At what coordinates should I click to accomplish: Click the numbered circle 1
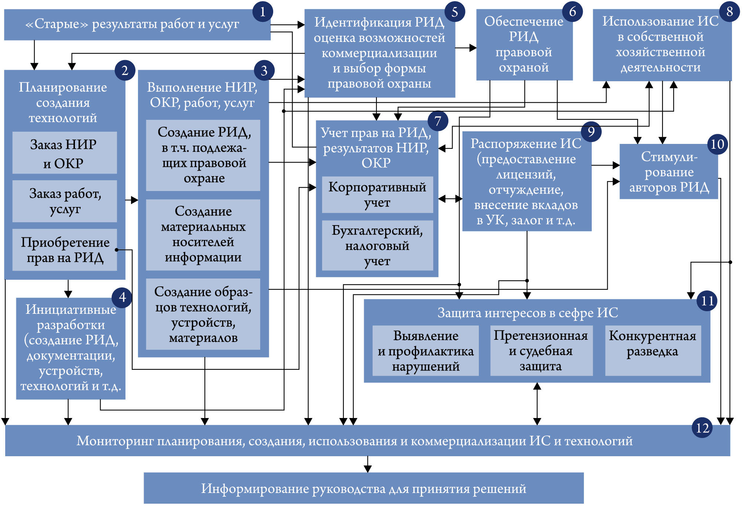click(x=262, y=12)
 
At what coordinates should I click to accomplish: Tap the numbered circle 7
click(x=438, y=121)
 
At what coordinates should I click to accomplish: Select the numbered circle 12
click(x=702, y=428)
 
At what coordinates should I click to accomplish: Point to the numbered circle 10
click(x=717, y=144)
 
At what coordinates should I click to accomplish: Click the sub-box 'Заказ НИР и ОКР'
click(x=65, y=153)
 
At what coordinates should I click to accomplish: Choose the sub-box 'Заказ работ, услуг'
click(x=65, y=201)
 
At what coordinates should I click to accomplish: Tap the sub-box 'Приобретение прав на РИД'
click(x=65, y=250)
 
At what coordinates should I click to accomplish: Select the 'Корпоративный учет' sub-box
click(x=377, y=195)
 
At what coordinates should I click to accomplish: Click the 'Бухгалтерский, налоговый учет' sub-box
click(x=377, y=246)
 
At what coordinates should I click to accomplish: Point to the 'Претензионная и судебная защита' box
click(x=541, y=351)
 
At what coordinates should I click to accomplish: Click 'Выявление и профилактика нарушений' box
click(x=425, y=351)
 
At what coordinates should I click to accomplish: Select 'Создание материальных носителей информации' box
click(x=203, y=234)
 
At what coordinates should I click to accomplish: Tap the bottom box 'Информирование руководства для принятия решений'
click(x=363, y=488)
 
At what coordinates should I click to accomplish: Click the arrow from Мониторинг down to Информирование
click(x=367, y=464)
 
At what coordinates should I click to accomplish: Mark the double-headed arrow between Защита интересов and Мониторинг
click(x=537, y=404)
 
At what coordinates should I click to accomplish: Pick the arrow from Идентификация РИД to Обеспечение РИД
click(x=466, y=47)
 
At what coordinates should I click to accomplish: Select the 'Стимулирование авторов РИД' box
click(x=669, y=172)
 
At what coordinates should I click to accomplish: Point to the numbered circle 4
click(x=122, y=297)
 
